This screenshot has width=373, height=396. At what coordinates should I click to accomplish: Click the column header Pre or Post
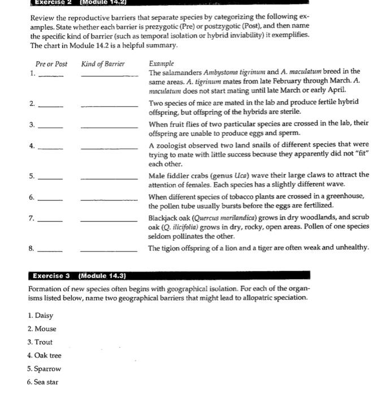51,64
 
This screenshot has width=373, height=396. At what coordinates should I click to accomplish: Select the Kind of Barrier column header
103,64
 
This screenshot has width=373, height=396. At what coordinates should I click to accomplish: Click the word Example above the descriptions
162,64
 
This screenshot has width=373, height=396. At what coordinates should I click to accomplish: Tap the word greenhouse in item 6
345,196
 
